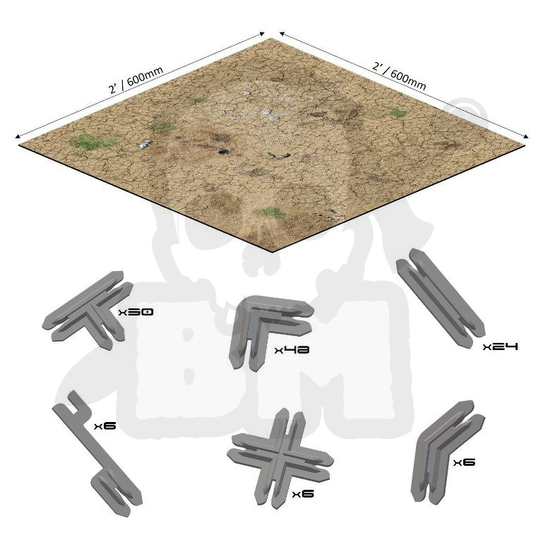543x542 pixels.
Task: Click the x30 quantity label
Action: coord(136,312)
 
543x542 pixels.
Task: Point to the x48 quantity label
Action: coord(292,350)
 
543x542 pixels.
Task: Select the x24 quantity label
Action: coord(501,347)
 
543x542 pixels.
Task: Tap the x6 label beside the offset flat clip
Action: coord(105,426)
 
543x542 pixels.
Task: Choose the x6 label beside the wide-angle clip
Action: coord(464,462)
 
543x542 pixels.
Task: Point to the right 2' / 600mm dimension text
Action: coord(399,76)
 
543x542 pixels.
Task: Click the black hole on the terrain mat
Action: coord(222,151)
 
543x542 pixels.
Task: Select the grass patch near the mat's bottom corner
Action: coord(273,212)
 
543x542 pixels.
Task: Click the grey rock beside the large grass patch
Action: coord(145,144)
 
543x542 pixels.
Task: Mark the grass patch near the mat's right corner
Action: coord(398,112)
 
